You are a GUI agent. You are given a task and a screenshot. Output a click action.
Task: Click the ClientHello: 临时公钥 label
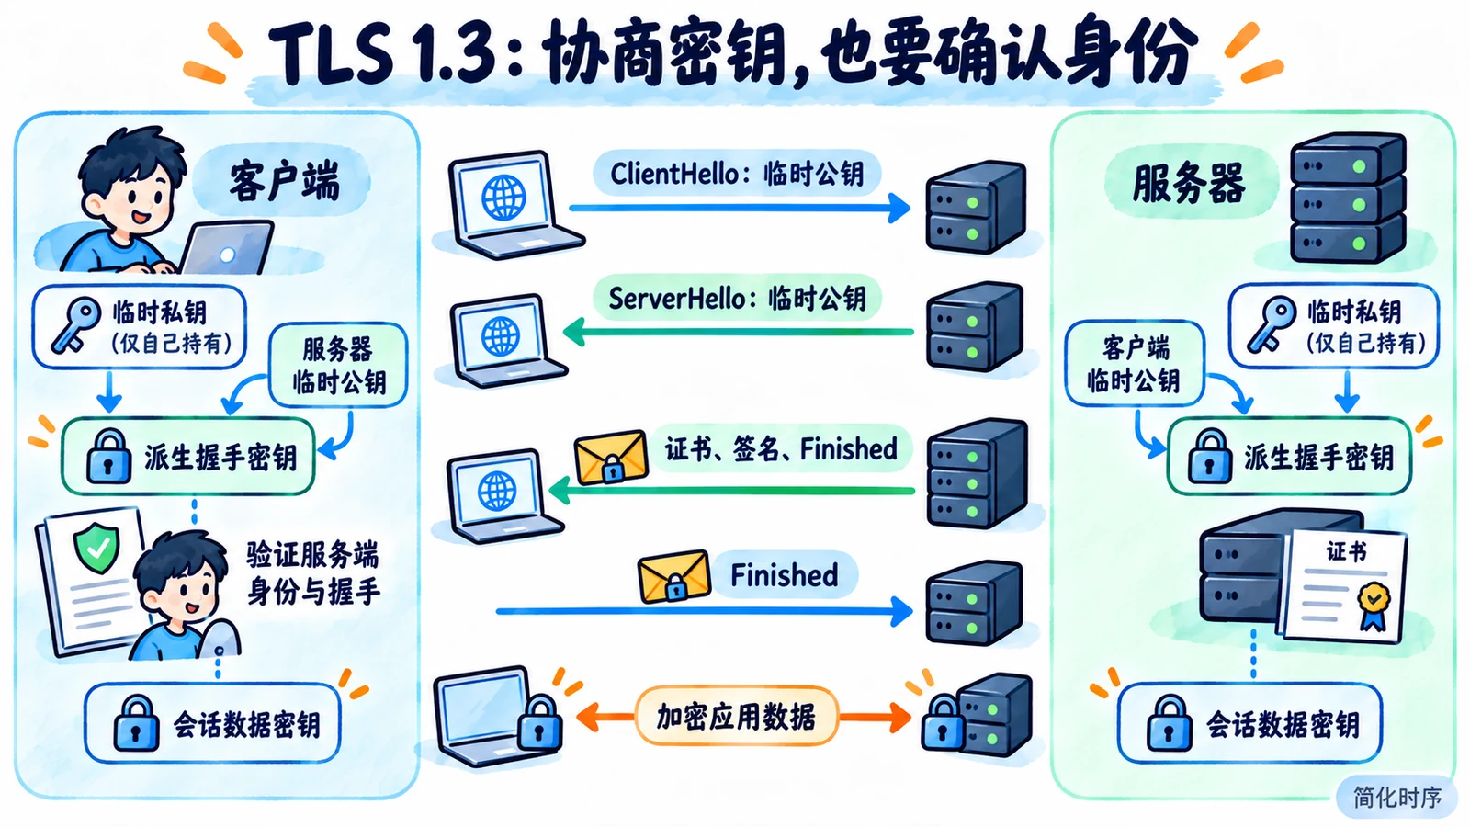[736, 174]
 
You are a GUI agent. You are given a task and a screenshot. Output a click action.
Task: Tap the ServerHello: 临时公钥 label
[737, 299]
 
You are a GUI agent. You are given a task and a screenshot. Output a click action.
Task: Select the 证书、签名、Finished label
[781, 449]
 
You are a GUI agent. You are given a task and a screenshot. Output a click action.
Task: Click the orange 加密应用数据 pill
[736, 716]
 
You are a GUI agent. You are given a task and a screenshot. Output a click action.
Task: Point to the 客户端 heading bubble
[283, 180]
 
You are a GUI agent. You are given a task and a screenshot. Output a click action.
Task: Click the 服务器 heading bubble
[1189, 183]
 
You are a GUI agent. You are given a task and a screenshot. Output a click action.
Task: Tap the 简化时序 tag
[1397, 798]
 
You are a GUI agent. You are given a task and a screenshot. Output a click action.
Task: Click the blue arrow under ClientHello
[740, 208]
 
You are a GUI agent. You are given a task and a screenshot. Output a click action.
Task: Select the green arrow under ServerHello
[739, 332]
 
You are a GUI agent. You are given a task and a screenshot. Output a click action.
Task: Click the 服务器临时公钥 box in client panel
[338, 365]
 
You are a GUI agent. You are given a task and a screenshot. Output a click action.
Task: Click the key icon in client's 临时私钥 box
[76, 324]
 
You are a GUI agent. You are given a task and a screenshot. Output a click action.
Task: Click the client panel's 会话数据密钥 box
[212, 722]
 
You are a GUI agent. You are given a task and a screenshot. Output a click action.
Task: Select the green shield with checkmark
[97, 548]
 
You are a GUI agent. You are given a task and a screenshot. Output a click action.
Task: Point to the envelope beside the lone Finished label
[674, 576]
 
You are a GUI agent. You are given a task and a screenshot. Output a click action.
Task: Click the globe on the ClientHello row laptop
[503, 197]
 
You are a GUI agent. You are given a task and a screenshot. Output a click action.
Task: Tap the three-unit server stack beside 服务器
[1348, 199]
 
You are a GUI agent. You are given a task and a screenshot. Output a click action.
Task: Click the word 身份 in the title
[1131, 52]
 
